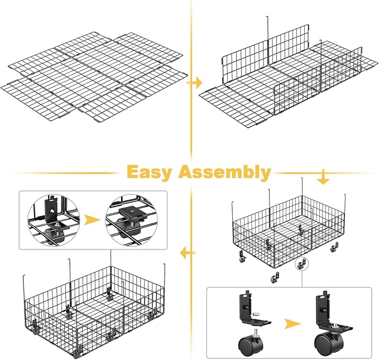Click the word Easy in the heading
coord(150,172)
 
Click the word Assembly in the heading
coord(224,172)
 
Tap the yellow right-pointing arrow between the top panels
coord(194,83)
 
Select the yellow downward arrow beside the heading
coord(323,177)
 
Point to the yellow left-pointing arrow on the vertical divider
coord(188,253)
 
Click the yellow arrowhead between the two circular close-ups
coord(92,220)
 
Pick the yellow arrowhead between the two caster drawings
coord(292,324)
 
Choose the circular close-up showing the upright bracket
coord(54,220)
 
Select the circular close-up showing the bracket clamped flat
coord(132,220)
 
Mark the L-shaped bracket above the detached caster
coord(254,308)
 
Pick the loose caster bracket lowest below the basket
coord(275,277)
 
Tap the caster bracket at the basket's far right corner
coord(334,248)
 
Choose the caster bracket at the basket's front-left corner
coord(242,257)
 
